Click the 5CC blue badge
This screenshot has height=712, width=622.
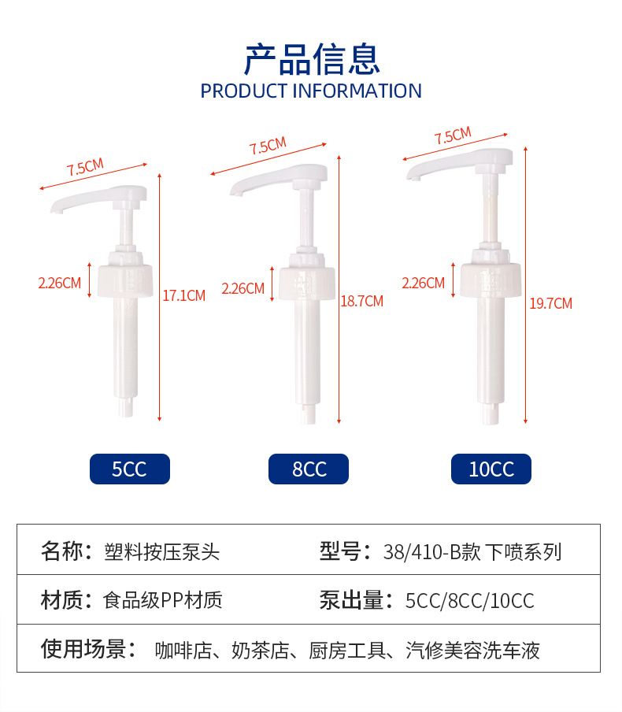pyautogui.click(x=130, y=469)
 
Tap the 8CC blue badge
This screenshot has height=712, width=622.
pyautogui.click(x=309, y=469)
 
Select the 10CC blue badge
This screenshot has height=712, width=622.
pyautogui.click(x=491, y=469)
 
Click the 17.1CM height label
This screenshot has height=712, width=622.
pyautogui.click(x=184, y=295)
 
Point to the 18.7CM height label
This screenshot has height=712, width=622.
pyautogui.click(x=362, y=301)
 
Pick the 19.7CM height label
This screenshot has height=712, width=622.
pyautogui.click(x=550, y=303)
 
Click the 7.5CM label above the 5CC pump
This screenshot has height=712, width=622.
pyautogui.click(x=85, y=167)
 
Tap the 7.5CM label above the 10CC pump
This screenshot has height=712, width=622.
pyautogui.click(x=453, y=135)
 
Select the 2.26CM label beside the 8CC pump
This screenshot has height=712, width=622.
pyautogui.click(x=243, y=288)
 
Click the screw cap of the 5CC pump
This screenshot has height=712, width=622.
pyautogui.click(x=125, y=280)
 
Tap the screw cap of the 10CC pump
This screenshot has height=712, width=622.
pyautogui.click(x=491, y=280)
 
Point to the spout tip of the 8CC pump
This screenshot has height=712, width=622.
pyautogui.click(x=235, y=193)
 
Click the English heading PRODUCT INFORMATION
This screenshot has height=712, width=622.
pyautogui.click(x=311, y=91)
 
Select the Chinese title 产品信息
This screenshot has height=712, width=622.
pyautogui.click(x=312, y=59)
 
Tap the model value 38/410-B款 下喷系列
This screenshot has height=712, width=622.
pyautogui.click(x=472, y=552)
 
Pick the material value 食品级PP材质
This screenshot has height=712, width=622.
pyautogui.click(x=163, y=600)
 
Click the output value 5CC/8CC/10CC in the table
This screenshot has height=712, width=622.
pyautogui.click(x=470, y=601)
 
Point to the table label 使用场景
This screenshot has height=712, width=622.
pyautogui.click(x=83, y=648)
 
